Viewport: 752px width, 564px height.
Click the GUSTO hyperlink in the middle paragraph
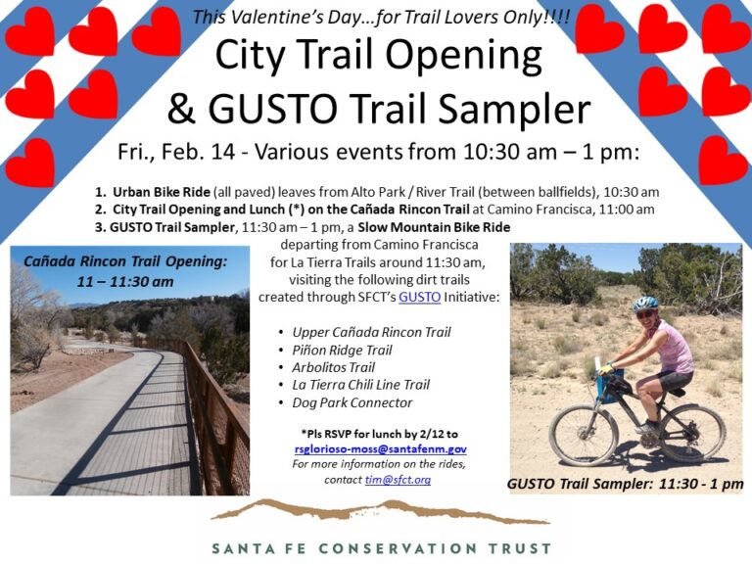point(420,297)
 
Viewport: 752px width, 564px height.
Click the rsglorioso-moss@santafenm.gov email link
point(381,449)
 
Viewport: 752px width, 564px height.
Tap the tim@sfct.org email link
point(398,480)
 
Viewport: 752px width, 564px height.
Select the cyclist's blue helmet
point(645,304)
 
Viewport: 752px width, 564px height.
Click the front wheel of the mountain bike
point(583,435)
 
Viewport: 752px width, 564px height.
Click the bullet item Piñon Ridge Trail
point(342,351)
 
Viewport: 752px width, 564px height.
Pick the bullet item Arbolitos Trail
point(333,367)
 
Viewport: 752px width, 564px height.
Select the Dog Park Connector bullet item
point(352,402)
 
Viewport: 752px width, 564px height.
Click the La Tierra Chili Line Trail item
point(360,385)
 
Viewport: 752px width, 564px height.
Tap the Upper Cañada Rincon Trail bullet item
point(371,332)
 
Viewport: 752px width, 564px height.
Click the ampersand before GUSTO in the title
point(181,109)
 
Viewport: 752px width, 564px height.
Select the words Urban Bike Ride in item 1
point(162,192)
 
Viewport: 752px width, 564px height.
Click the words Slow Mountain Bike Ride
point(434,227)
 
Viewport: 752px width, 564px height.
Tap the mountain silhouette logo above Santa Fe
point(380,512)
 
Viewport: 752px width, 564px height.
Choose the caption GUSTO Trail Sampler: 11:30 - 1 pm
point(625,484)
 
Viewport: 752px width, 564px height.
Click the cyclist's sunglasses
point(644,314)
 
